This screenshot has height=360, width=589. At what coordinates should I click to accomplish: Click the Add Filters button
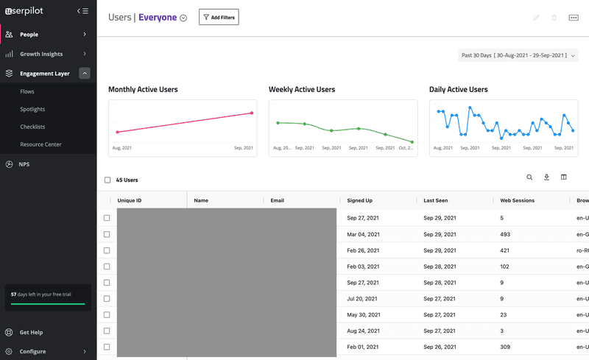coord(219,17)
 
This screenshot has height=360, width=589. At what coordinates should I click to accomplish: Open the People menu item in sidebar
coord(29,35)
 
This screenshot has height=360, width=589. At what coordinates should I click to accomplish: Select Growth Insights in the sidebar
coord(41,54)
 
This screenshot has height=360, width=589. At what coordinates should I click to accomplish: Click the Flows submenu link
coord(27,92)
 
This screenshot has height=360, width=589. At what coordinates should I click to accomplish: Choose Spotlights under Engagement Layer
coord(32,110)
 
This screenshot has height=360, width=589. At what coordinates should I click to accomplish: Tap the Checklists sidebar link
coord(32,127)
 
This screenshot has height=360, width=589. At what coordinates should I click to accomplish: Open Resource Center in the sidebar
coord(40,144)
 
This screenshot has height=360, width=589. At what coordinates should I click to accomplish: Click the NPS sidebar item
coord(24,164)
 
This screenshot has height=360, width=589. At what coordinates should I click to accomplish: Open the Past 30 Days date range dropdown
coord(518,55)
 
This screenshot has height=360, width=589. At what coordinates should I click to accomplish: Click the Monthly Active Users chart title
coord(143,90)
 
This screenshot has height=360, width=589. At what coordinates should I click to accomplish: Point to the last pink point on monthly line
coord(252,113)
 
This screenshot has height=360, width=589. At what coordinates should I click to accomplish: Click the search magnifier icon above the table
coord(529,177)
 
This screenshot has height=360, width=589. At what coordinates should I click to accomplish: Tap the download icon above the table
coord(547,177)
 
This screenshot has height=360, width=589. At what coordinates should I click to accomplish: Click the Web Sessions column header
coord(517,200)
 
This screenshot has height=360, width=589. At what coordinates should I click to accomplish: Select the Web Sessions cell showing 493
coord(505,234)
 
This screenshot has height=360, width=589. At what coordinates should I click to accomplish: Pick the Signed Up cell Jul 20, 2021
coord(363,299)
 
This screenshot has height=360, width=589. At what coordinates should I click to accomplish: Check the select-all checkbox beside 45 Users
coord(107,180)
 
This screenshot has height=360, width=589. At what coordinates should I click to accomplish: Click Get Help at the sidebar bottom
coord(31,333)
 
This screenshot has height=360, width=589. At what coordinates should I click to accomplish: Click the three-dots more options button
coord(574,18)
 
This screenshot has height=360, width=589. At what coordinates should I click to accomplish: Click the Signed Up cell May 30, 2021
coord(364,315)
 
